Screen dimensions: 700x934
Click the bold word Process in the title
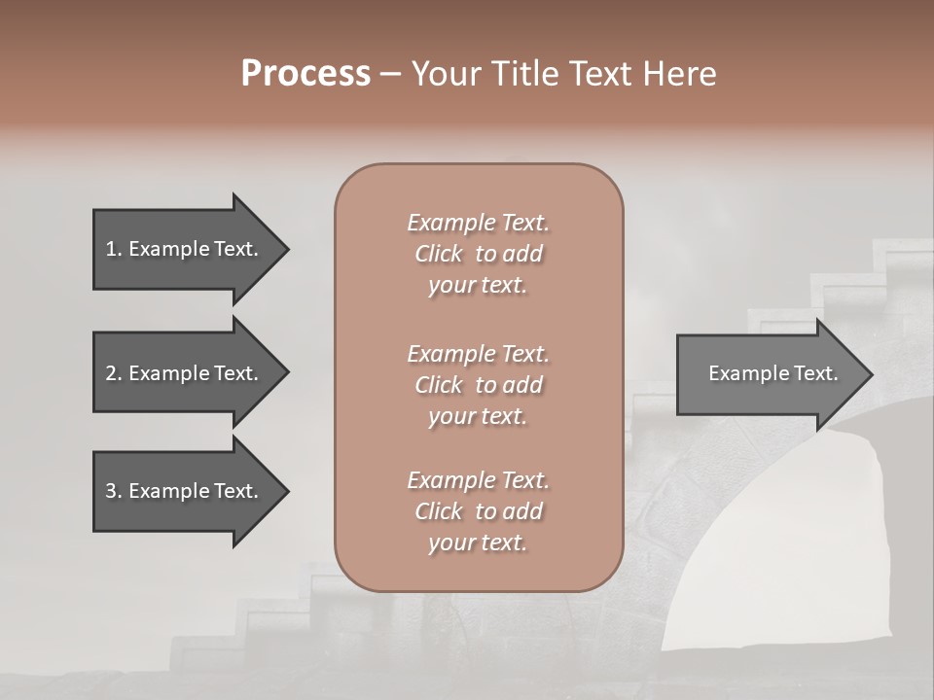tap(305, 74)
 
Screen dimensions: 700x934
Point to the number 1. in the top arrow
tap(113, 249)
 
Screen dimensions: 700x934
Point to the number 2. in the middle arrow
tap(113, 373)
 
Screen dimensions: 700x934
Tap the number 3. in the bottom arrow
tap(113, 491)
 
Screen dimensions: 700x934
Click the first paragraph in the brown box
tap(478, 254)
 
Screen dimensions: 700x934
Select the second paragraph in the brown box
tap(478, 385)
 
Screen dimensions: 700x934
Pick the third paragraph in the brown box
tap(478, 511)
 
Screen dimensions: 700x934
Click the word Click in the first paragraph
tap(439, 254)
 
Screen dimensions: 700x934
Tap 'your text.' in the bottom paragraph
tap(478, 542)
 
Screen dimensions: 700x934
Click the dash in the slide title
tap(391, 74)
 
